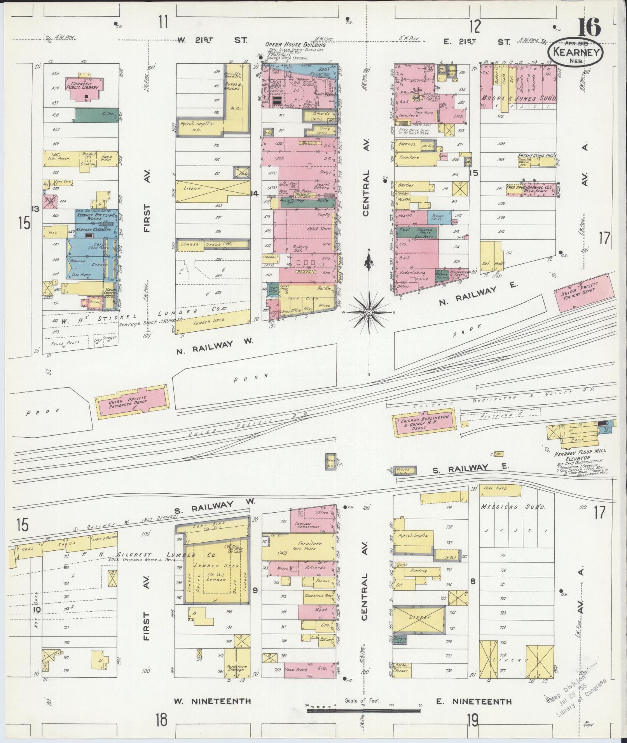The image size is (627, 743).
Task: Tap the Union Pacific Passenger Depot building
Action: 133,402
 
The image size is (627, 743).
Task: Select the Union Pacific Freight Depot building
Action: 582,293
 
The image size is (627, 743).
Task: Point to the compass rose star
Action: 369,311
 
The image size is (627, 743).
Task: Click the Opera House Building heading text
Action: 295,45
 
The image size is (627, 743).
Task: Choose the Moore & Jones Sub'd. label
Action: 519,99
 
